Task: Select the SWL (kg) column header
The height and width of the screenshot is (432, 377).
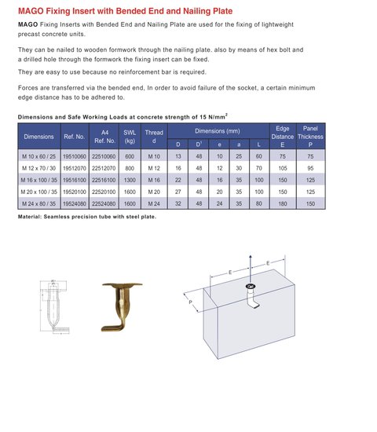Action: pos(130,137)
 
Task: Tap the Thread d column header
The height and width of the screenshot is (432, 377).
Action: pos(155,137)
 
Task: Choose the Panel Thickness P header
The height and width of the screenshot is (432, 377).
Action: pos(311,137)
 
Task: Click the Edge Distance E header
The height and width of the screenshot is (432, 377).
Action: pos(283,137)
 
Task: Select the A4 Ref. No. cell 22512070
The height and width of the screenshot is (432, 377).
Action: pos(104,168)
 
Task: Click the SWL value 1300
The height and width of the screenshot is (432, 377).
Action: pos(130,180)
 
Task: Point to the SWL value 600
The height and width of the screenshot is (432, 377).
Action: pos(130,156)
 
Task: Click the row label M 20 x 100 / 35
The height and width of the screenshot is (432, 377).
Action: pos(38,191)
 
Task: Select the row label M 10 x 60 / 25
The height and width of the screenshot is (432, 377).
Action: pos(38,156)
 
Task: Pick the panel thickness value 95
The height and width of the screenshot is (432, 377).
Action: pos(311,168)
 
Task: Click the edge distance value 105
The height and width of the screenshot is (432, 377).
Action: pos(283,168)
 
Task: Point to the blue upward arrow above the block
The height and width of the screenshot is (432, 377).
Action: pos(249,263)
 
